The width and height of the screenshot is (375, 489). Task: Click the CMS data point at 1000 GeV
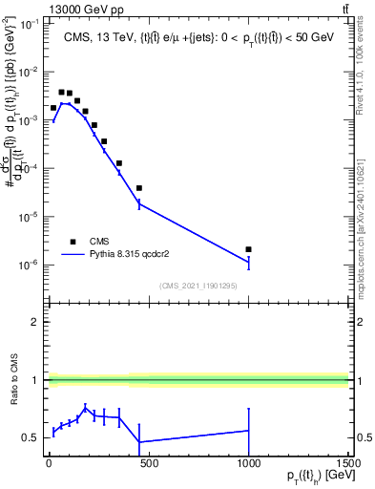pyautogui.click(x=248, y=249)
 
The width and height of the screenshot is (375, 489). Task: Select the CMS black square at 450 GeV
pyautogui.click(x=139, y=188)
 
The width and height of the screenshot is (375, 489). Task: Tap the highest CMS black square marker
pyautogui.click(x=62, y=93)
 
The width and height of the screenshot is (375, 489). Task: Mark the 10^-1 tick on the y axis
pyautogui.click(x=27, y=24)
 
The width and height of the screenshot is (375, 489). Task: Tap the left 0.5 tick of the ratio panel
pyautogui.click(x=31, y=438)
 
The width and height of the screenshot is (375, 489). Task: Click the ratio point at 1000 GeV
pyautogui.click(x=248, y=430)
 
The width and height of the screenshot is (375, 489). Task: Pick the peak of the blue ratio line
pyautogui.click(x=86, y=408)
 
